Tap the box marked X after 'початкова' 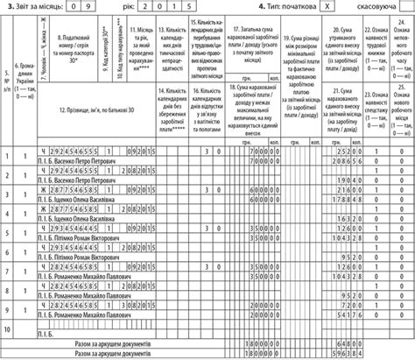[x=327, y=7]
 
